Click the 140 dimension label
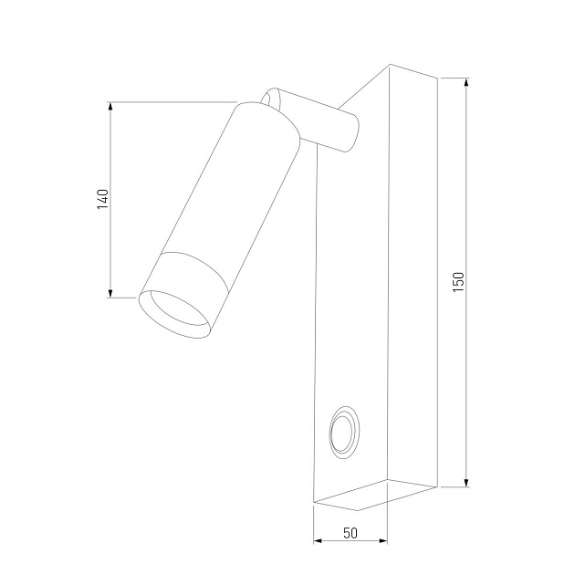pyautogui.click(x=103, y=200)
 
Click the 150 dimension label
pyautogui.click(x=459, y=282)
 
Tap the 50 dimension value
pyautogui.click(x=350, y=533)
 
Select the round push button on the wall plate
pyautogui.click(x=343, y=433)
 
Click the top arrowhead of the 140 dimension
pyautogui.click(x=110, y=107)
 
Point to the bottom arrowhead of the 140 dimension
pyautogui.click(x=110, y=293)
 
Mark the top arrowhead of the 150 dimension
pyautogui.click(x=466, y=83)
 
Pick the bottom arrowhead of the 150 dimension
pyautogui.click(x=466, y=482)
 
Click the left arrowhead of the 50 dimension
pyautogui.click(x=318, y=540)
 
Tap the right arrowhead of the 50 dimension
pyautogui.click(x=382, y=540)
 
